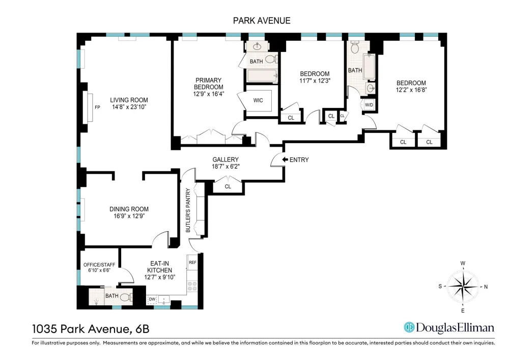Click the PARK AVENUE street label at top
tap(262, 21)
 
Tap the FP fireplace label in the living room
tap(97, 107)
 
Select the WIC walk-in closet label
tap(258, 101)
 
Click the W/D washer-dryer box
tap(369, 105)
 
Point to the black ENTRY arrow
tap(285, 159)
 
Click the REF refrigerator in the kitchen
tap(192, 262)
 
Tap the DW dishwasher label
tap(152, 299)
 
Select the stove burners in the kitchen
tap(192, 286)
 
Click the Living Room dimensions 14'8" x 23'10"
tap(129, 107)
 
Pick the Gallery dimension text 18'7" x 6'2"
tap(225, 167)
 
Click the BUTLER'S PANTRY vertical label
tap(188, 210)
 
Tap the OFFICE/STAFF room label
tap(99, 265)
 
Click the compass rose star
tap(463, 287)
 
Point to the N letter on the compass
tap(486, 287)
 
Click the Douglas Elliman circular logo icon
tap(409, 327)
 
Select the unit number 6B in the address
tap(143, 329)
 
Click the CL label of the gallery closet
tap(228, 187)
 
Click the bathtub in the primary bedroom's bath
tap(262, 76)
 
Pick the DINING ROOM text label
tap(129, 209)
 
